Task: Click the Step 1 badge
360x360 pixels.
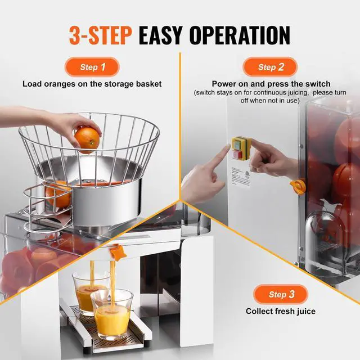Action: pos(92,67)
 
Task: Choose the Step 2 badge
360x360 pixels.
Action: pos(271,67)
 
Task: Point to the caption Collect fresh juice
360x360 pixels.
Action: pos(281,311)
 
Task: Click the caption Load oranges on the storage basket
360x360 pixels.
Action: pos(92,84)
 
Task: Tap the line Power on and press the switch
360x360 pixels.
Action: pos(271,84)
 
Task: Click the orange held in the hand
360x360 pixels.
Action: pos(87,139)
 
